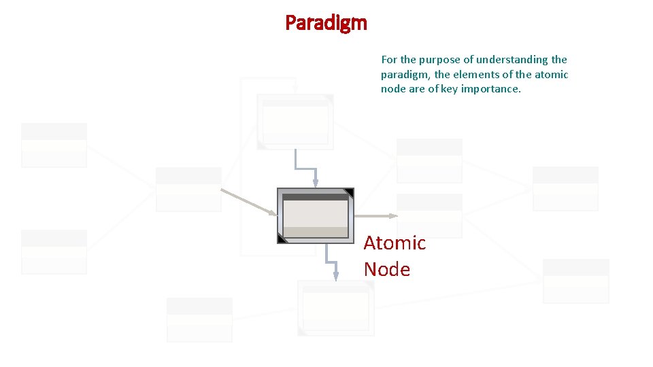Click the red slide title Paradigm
326,23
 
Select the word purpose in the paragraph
440,60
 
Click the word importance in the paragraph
491,89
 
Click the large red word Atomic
395,243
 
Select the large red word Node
386,269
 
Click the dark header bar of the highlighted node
315,197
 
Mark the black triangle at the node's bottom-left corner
281,239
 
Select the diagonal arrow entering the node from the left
249,202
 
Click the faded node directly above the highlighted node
295,122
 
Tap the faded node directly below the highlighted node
336,308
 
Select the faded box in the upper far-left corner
54,145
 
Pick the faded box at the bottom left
199,319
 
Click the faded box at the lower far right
575,281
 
